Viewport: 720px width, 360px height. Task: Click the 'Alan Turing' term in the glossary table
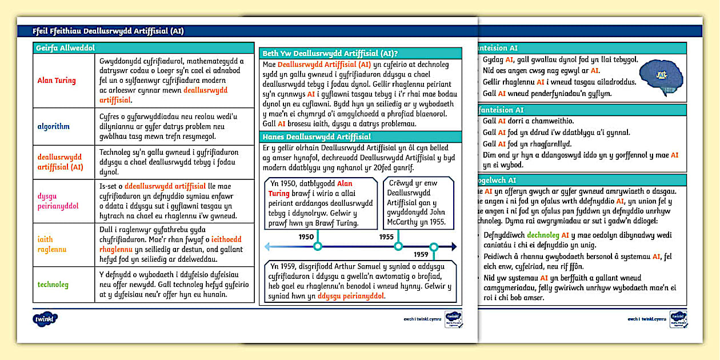click(x=56, y=81)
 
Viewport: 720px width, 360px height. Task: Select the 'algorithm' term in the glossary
click(x=53, y=126)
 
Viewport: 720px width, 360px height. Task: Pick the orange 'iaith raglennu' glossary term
click(x=52, y=245)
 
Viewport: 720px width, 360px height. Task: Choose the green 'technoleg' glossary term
click(x=53, y=284)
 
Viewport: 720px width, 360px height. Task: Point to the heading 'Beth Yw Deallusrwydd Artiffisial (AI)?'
click(x=330, y=53)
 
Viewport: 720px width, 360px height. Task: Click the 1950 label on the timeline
click(x=306, y=237)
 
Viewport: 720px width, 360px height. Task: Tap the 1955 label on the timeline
click(x=387, y=237)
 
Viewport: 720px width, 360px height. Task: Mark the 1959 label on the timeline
click(x=421, y=254)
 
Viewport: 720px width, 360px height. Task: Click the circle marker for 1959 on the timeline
click(x=434, y=247)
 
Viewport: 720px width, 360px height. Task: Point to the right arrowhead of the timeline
click(x=453, y=247)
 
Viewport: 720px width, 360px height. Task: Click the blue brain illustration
click(x=661, y=75)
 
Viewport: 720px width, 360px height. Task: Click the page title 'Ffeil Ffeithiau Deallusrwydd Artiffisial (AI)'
click(x=109, y=31)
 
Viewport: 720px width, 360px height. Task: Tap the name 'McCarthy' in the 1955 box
click(x=406, y=222)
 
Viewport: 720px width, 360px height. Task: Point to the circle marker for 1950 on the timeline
click(x=318, y=247)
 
